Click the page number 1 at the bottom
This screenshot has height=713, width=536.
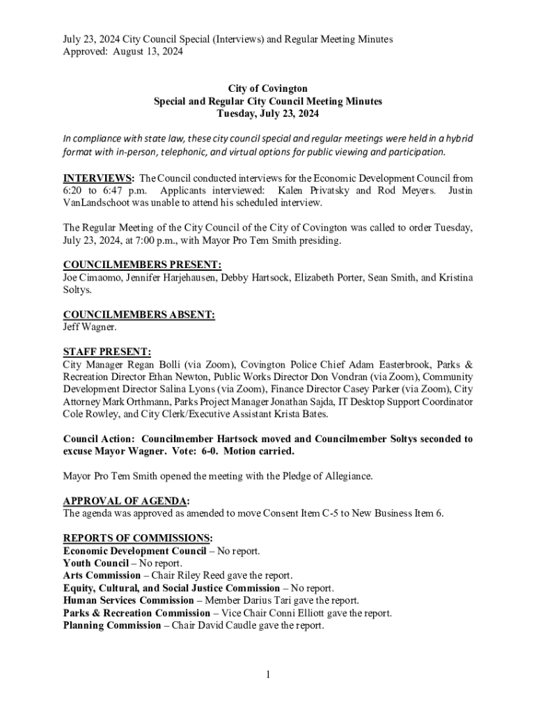pos(267,674)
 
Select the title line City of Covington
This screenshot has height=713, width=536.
pos(268,88)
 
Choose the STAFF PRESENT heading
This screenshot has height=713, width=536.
pos(107,352)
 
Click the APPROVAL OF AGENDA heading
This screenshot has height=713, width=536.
pos(126,501)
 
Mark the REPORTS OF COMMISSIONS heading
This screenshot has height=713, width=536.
pos(137,538)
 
